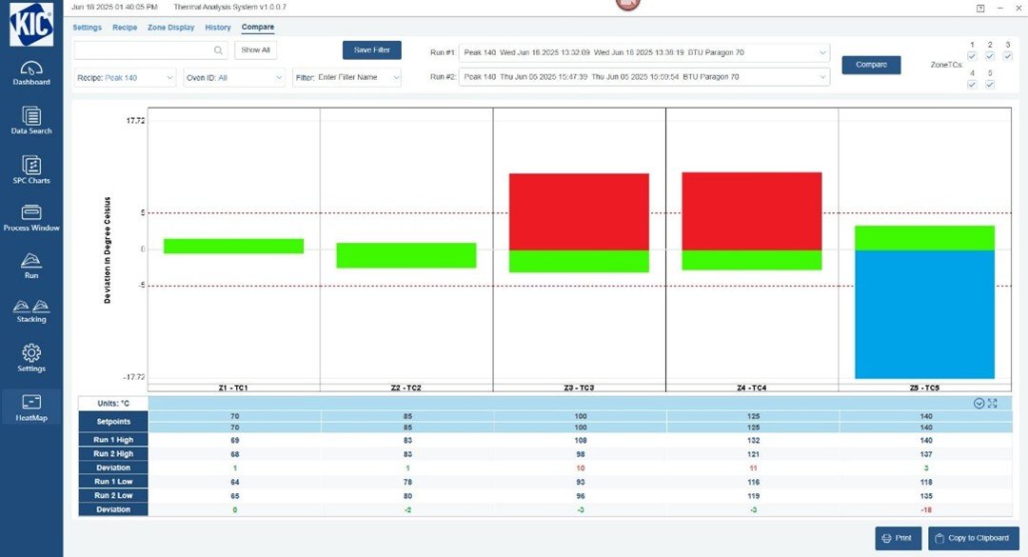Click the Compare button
point(871,65)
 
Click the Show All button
point(255,50)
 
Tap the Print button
point(898,538)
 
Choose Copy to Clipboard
point(973,538)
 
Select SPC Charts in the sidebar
point(31,170)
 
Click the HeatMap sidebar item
point(31,408)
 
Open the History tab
point(218,28)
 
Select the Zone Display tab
point(170,28)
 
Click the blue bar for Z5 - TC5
point(924,314)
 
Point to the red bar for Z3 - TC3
point(579,211)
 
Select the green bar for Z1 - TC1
point(233,247)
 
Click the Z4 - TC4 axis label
point(751,388)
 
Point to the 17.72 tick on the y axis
point(134,121)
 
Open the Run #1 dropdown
point(643,52)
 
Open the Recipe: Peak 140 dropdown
point(126,77)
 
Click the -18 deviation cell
point(924,509)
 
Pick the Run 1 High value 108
point(580,441)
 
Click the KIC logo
point(31,25)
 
